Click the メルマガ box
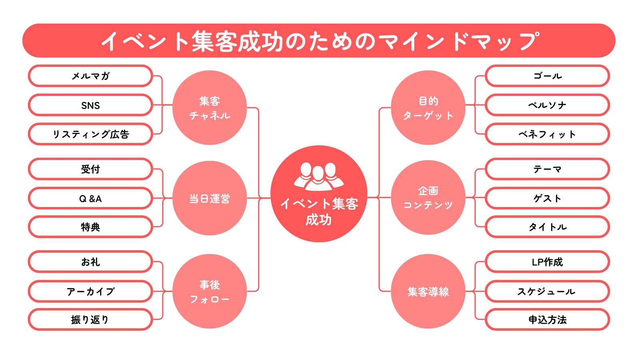pos(90,76)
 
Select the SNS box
pos(90,105)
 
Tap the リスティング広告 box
pos(90,134)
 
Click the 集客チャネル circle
pos(210,108)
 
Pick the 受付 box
pos(90,169)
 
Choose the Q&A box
pos(90,198)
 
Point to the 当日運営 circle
pos(210,198)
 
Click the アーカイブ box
pos(90,291)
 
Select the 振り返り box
pos(90,320)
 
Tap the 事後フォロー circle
pos(210,292)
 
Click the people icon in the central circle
pos(318,176)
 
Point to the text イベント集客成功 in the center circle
pos(319,212)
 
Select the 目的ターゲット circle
pos(428,108)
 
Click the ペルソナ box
pos(548,105)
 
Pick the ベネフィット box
pos(548,134)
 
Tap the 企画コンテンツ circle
pos(428,198)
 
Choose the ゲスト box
pos(548,198)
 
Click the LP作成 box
pos(548,262)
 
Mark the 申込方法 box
pos(548,320)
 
